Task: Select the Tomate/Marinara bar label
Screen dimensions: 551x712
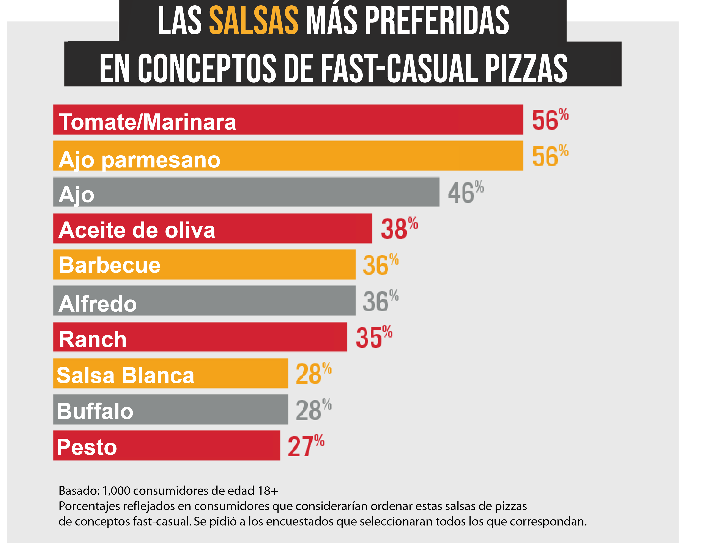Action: pos(147,122)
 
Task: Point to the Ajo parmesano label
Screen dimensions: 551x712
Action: pos(140,160)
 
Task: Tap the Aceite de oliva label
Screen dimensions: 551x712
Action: pos(137,230)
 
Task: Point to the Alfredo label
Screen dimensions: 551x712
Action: pos(98,304)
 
